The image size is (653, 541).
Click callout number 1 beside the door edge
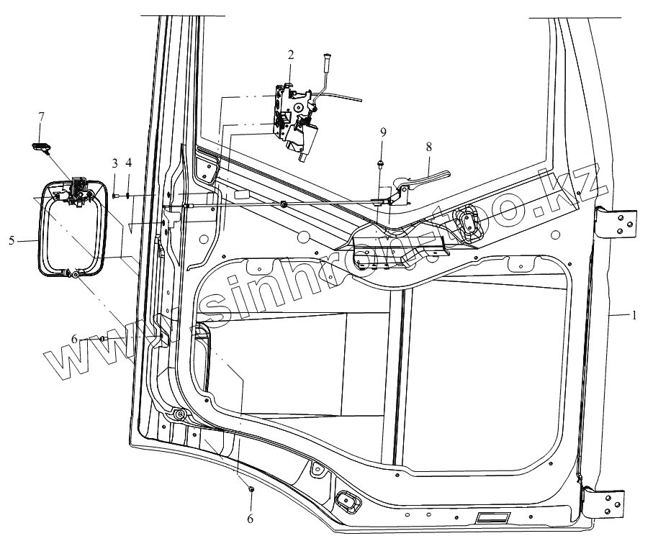pyautogui.click(x=634, y=314)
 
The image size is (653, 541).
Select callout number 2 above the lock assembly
pyautogui.click(x=291, y=54)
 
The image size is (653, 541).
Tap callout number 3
pyautogui.click(x=114, y=163)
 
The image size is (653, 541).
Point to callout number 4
pyautogui.click(x=128, y=163)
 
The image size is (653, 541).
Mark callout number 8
pyautogui.click(x=429, y=146)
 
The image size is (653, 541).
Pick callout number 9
pyautogui.click(x=382, y=132)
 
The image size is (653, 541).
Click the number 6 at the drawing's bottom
pyautogui.click(x=251, y=518)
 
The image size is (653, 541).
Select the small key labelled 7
pyautogui.click(x=40, y=146)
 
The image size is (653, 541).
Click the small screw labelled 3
pyautogui.click(x=115, y=195)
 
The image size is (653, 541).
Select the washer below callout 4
pyautogui.click(x=128, y=195)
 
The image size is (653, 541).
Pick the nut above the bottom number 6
pyautogui.click(x=251, y=490)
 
